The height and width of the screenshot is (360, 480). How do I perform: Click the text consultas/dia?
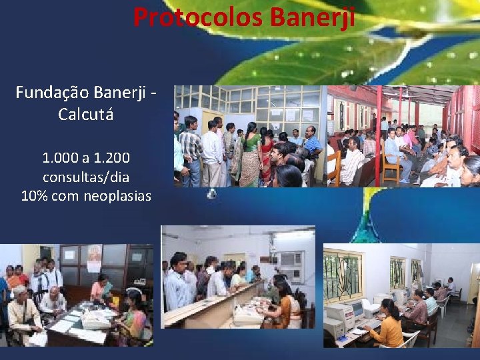[86, 177]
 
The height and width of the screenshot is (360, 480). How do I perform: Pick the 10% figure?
[33, 196]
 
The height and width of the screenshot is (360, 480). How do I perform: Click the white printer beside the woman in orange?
[335, 327]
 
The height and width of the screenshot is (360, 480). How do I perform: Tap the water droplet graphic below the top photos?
[213, 194]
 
